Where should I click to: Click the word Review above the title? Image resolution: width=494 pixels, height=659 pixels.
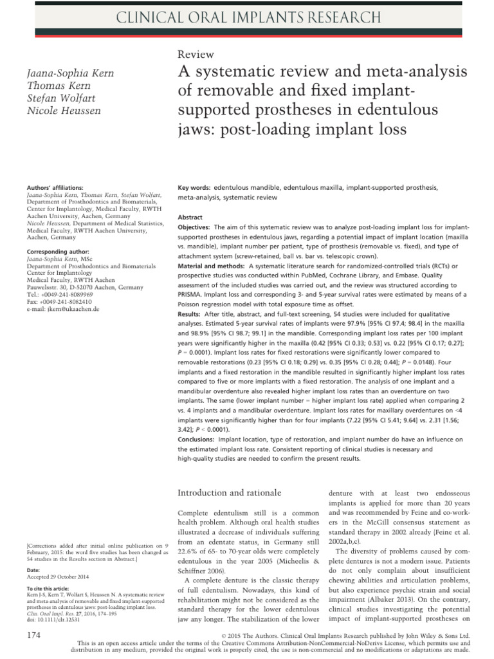tap(196, 55)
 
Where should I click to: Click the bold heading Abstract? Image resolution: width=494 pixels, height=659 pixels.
tap(190, 218)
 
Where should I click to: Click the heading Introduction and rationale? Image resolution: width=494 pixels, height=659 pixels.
tap(229, 493)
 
